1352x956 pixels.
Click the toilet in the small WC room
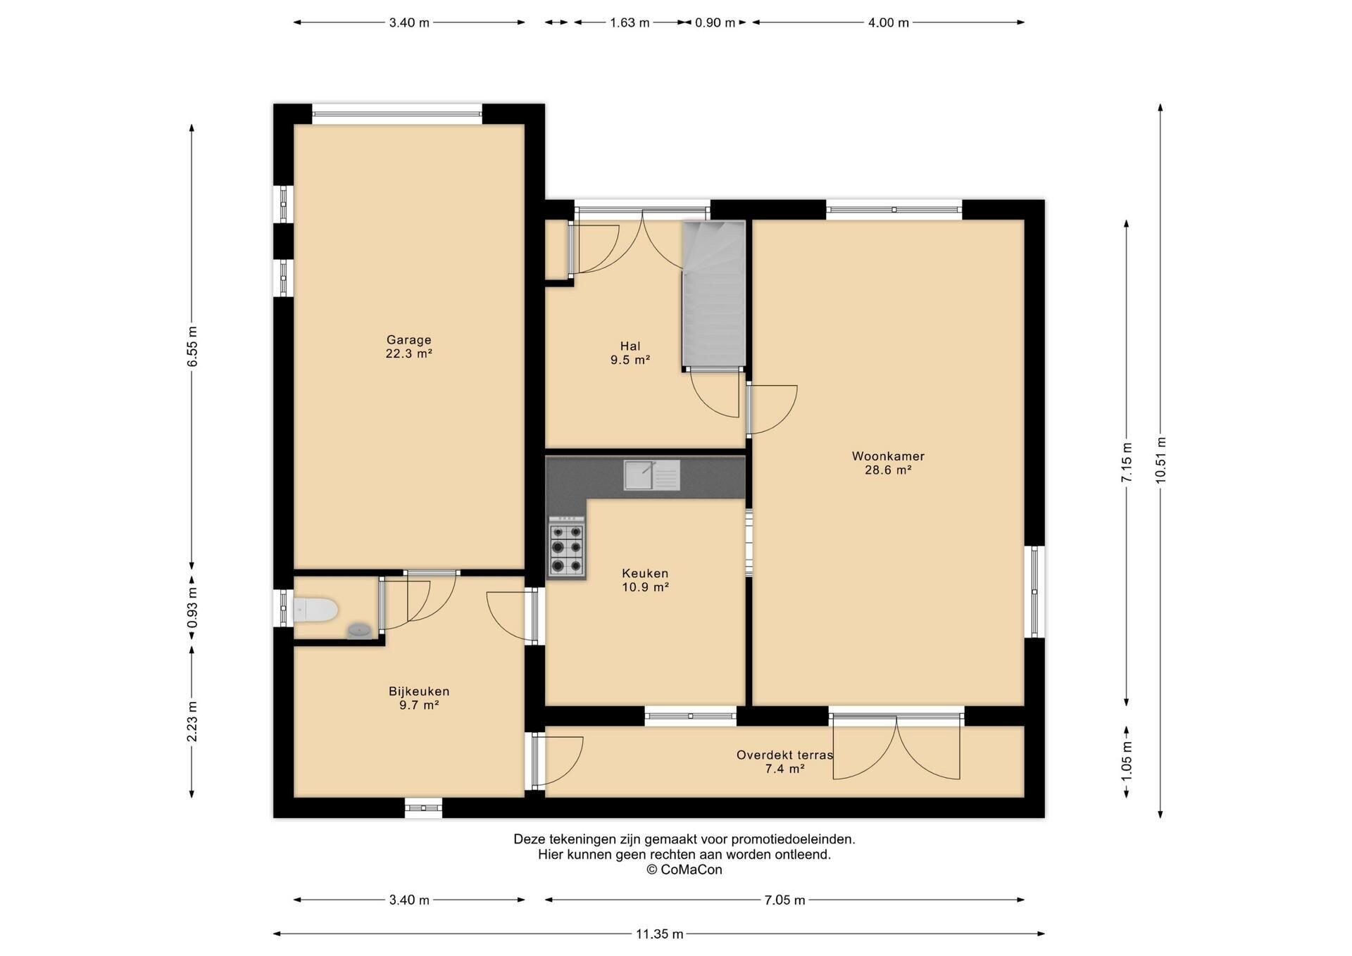pyautogui.click(x=315, y=610)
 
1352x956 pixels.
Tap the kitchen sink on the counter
pyautogui.click(x=651, y=474)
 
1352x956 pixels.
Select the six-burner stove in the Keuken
pyautogui.click(x=567, y=548)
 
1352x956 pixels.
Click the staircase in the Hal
pyautogui.click(x=713, y=294)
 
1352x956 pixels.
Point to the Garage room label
pyautogui.click(x=408, y=347)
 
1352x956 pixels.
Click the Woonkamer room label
pyautogui.click(x=888, y=463)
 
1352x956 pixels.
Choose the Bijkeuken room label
pyautogui.click(x=419, y=698)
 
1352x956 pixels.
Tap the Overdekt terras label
pyautogui.click(x=784, y=762)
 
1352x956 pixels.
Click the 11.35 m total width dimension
pyautogui.click(x=659, y=934)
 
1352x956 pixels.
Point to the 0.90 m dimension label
pyautogui.click(x=715, y=23)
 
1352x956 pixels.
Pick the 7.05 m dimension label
pyautogui.click(x=784, y=900)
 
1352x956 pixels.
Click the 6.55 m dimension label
pyautogui.click(x=192, y=346)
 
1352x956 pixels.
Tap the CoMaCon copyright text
pyautogui.click(x=684, y=869)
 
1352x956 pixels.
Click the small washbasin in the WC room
pyautogui.click(x=360, y=630)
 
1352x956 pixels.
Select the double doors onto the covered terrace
pyautogui.click(x=896, y=746)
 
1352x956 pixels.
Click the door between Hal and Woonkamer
pyautogui.click(x=772, y=410)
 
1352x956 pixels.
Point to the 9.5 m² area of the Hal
pyautogui.click(x=630, y=360)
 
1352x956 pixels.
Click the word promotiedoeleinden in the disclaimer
pyautogui.click(x=792, y=839)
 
